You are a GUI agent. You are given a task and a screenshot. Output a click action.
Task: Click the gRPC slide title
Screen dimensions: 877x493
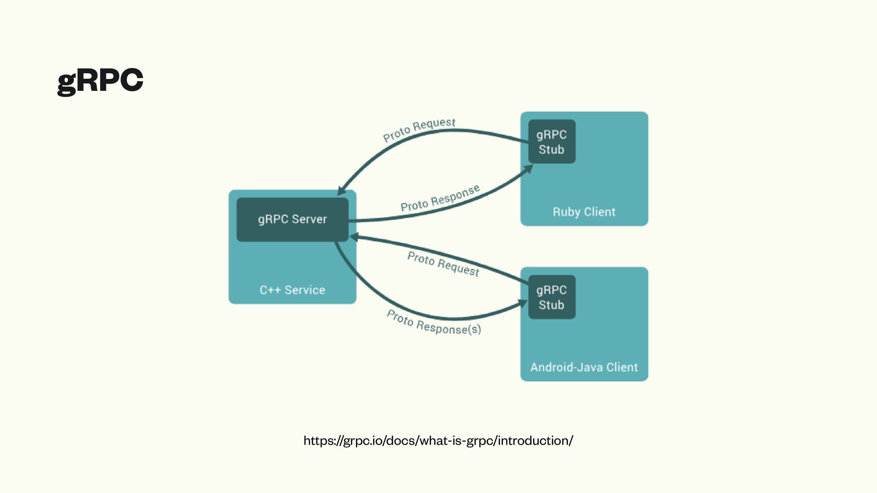(x=100, y=81)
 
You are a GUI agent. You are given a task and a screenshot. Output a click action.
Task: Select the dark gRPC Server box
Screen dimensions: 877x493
(x=292, y=220)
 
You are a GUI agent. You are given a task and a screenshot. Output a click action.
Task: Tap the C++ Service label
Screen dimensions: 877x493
(x=292, y=290)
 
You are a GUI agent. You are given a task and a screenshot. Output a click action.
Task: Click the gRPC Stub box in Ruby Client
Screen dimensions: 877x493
(x=552, y=142)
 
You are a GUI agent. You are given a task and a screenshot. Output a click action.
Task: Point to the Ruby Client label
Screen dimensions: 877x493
(x=584, y=212)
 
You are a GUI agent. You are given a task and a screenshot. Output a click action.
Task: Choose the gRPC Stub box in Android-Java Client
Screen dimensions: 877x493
(x=552, y=297)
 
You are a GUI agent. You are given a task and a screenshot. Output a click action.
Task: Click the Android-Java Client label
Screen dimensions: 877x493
(x=584, y=367)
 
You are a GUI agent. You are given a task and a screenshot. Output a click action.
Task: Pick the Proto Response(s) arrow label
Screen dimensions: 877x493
(x=433, y=322)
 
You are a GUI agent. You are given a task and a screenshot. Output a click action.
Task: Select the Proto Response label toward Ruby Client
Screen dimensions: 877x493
(x=440, y=199)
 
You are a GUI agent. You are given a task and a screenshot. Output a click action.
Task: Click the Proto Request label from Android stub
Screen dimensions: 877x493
(x=443, y=264)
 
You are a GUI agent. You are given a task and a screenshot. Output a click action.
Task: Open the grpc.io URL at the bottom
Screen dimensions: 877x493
(x=438, y=441)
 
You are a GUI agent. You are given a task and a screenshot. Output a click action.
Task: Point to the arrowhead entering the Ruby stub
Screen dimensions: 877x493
(x=528, y=169)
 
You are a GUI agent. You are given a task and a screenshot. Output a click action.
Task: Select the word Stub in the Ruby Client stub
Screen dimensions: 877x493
(x=551, y=150)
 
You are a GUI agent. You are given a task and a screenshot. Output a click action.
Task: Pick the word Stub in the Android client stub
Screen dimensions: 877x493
(x=551, y=305)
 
